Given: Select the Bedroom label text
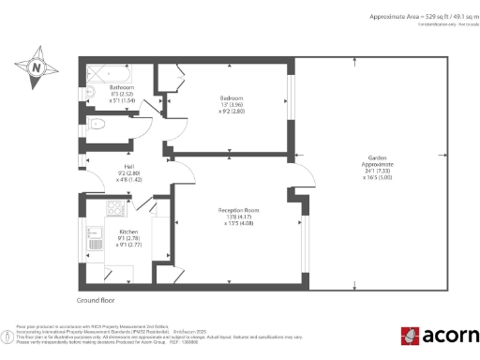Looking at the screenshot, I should pyautogui.click(x=232, y=97).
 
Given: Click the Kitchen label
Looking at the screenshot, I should pyautogui.click(x=128, y=230).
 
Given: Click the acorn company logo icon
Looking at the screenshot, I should pyautogui.click(x=409, y=335).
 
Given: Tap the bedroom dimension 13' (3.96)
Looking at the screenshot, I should pyautogui.click(x=232, y=105).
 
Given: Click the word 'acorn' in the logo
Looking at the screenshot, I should pyautogui.click(x=448, y=335).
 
